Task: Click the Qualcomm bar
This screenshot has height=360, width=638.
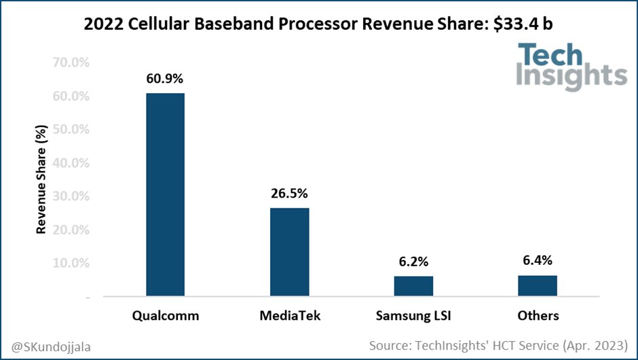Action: (x=165, y=195)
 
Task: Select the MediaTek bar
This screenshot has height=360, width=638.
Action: (x=289, y=252)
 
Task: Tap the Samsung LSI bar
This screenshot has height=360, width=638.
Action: (x=413, y=286)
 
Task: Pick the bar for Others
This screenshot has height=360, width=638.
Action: (x=538, y=286)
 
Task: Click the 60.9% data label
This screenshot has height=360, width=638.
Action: (x=165, y=78)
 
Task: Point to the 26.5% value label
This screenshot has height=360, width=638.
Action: (x=289, y=193)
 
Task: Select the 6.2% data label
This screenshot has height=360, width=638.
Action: (x=413, y=262)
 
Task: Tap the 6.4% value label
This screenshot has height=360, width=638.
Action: (x=538, y=260)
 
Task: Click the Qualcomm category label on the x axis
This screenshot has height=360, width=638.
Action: (x=165, y=316)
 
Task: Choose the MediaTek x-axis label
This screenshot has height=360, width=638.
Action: (x=289, y=316)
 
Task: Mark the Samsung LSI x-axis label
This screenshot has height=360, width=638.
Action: (x=413, y=316)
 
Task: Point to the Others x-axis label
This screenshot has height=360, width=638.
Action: (x=538, y=316)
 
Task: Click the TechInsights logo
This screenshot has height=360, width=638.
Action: (x=571, y=66)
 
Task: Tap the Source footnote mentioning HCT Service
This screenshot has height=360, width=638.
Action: (x=499, y=346)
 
